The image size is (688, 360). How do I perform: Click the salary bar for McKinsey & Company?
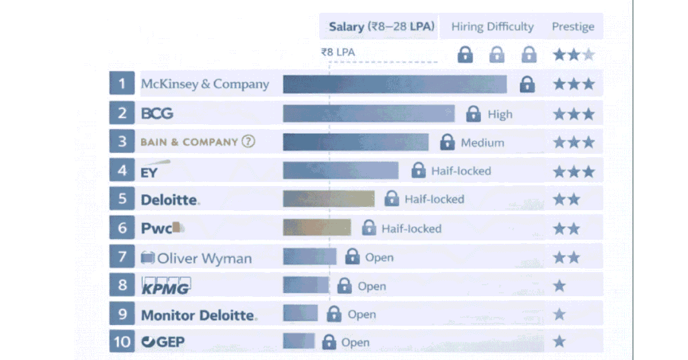coord(394,84)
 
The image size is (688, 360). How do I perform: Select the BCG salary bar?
coord(368,114)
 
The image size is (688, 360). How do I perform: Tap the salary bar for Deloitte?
coord(329,199)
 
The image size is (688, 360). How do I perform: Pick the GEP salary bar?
coord(299,341)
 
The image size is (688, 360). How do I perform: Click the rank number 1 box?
coord(122,84)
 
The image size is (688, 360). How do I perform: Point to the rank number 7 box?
coord(122,257)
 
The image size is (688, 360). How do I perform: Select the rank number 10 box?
coord(122,342)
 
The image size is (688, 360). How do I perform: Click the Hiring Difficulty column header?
coord(492,27)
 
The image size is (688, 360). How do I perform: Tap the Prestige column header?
coord(573,27)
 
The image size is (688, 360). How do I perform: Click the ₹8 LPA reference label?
coord(337,52)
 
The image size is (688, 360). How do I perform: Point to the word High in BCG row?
coord(500,114)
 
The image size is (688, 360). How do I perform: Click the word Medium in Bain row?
coord(482,142)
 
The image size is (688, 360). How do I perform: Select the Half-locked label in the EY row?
coord(461,171)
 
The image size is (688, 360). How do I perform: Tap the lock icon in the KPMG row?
coord(344,285)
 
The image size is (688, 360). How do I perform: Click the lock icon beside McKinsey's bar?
coord(527,84)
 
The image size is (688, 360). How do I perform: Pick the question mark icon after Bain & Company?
coord(249,142)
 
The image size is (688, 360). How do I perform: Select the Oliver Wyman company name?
coord(204,257)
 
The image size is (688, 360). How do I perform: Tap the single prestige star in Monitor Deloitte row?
coord(560,314)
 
